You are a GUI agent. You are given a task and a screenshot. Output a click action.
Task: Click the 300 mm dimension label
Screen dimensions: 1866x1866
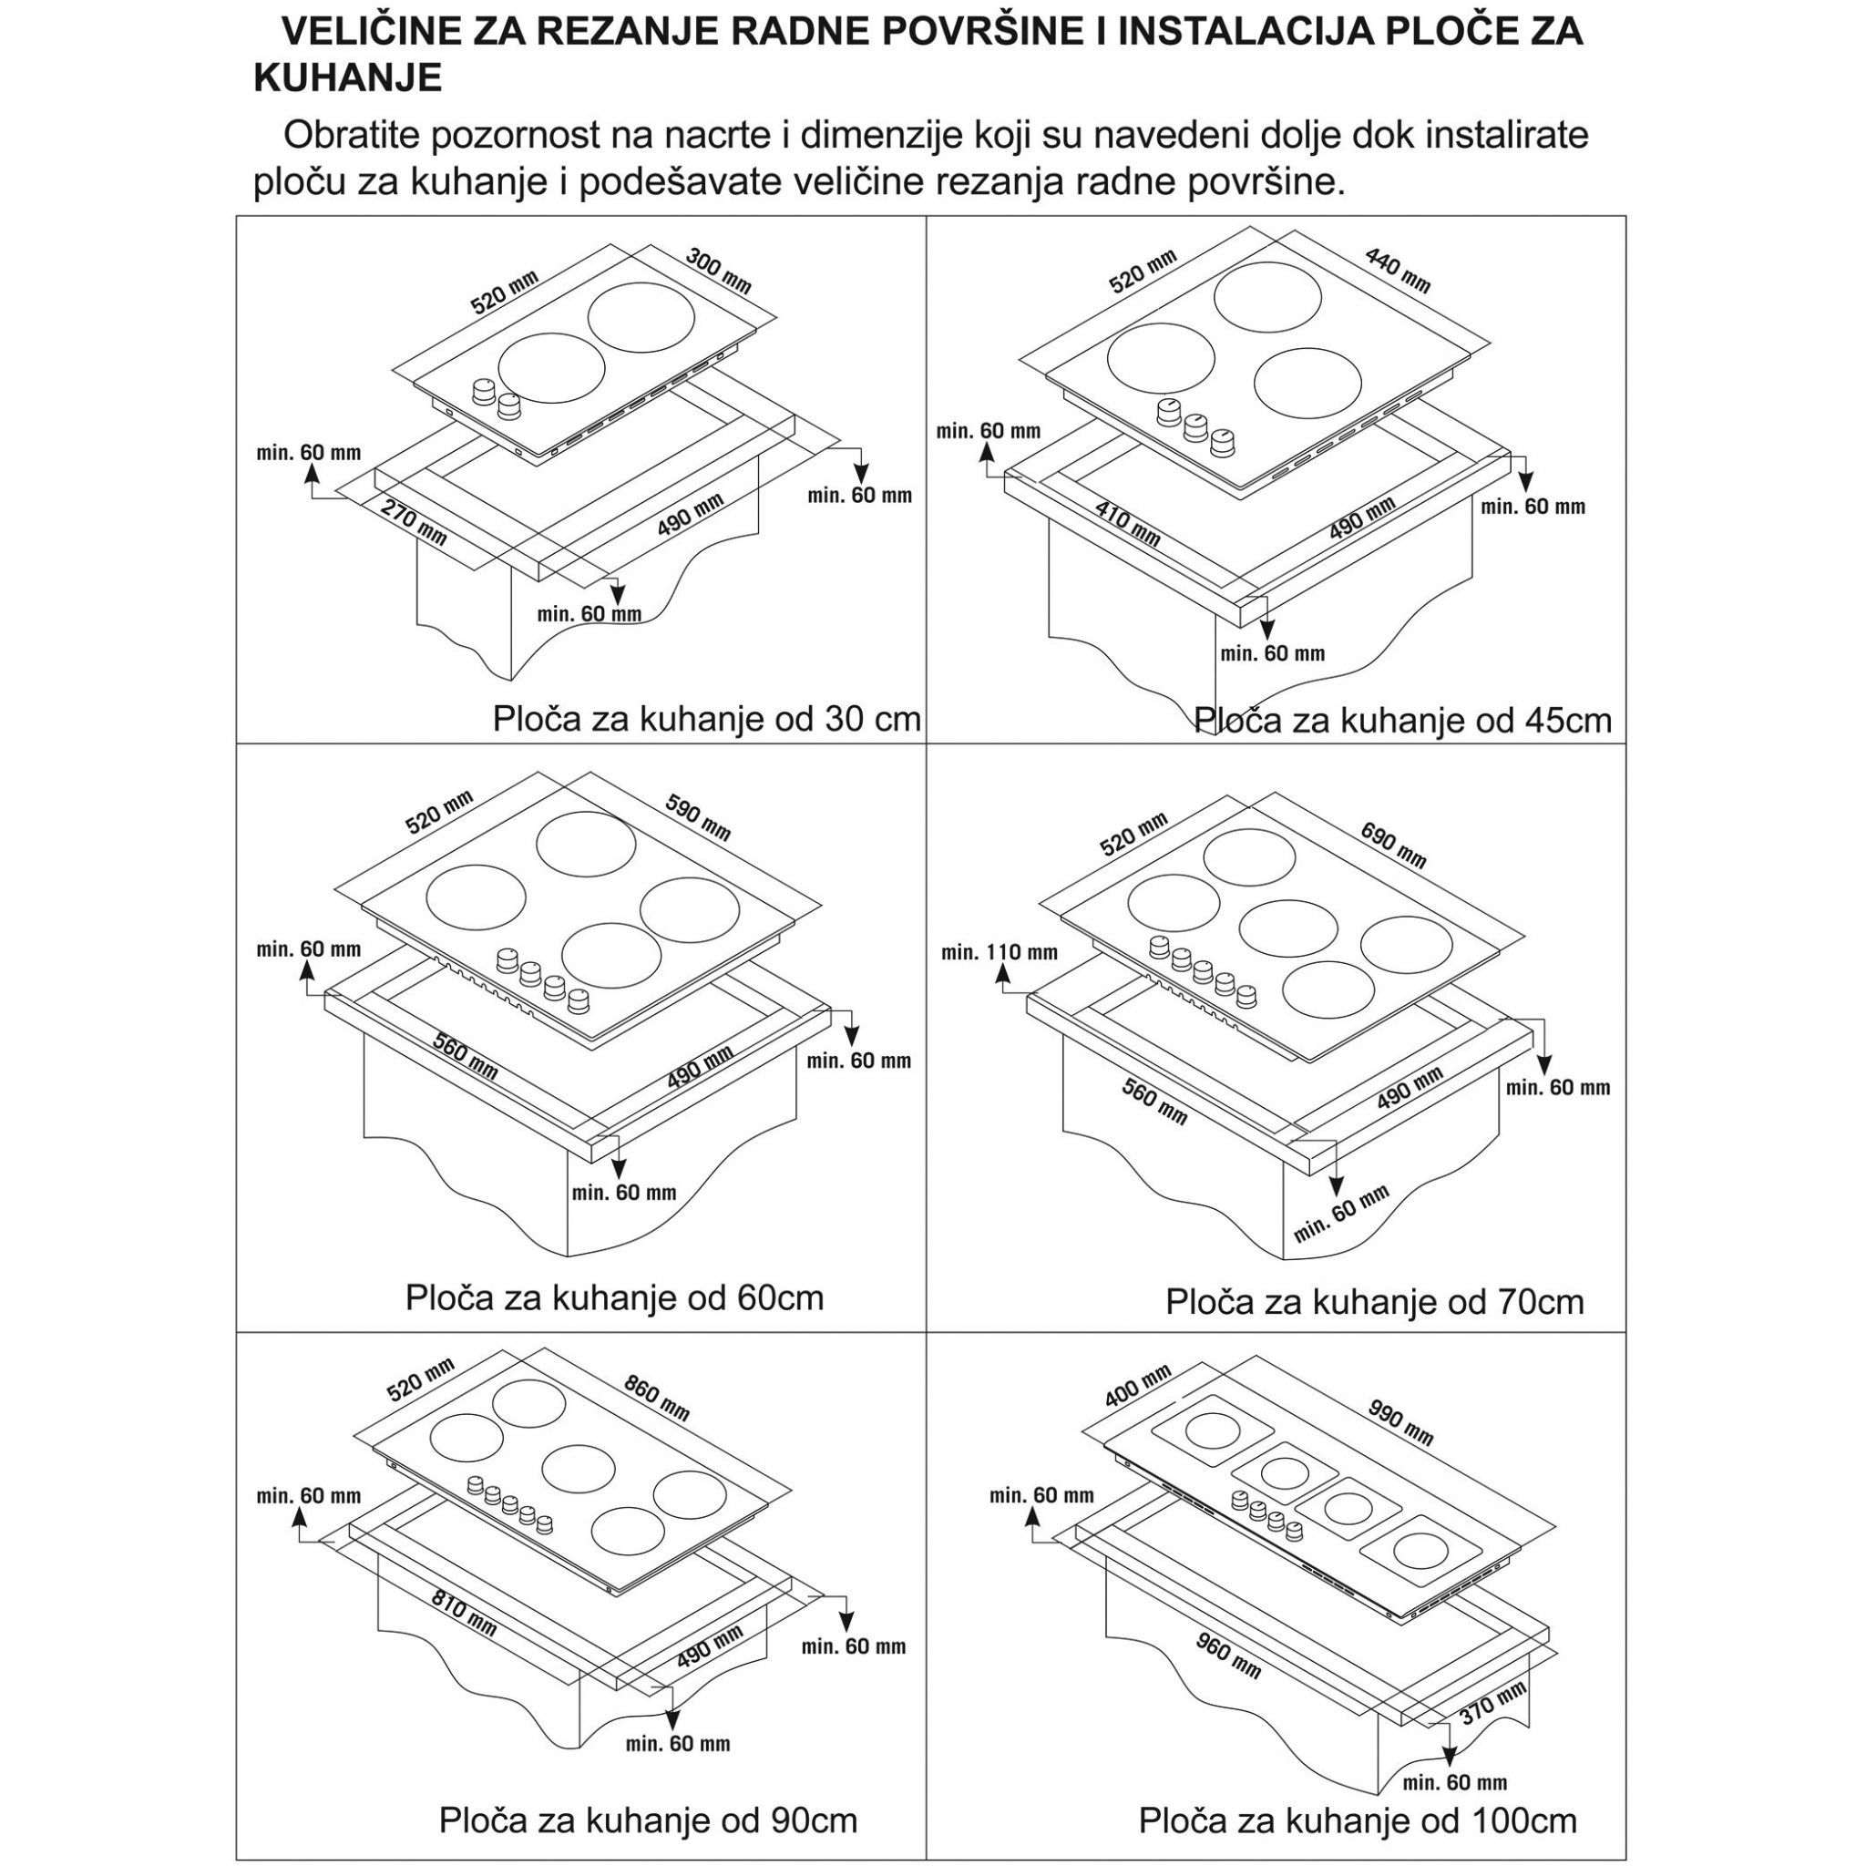click(x=718, y=272)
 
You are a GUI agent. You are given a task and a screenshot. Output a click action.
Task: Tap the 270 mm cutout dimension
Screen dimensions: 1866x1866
click(x=414, y=521)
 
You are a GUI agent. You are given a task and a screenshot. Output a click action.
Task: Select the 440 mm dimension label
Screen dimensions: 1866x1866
click(x=1398, y=271)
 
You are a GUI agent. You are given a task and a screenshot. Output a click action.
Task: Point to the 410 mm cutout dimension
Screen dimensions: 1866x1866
click(x=1127, y=522)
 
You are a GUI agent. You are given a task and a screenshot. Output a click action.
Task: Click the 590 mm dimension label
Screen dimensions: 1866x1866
click(x=698, y=816)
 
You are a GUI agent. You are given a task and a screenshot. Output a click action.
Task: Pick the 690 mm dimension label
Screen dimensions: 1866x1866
click(x=1393, y=844)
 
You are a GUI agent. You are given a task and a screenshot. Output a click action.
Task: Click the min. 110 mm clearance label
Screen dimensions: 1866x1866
click(x=1000, y=952)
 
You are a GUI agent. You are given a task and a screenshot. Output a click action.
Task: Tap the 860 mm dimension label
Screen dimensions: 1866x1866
click(x=657, y=1398)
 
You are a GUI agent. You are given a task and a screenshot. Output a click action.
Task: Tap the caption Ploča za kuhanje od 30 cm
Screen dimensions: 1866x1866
click(x=707, y=719)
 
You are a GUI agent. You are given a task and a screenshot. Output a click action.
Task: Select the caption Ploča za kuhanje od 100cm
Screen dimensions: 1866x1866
click(x=1358, y=1820)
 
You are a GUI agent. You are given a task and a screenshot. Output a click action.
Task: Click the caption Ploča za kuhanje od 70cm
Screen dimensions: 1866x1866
click(x=1375, y=1302)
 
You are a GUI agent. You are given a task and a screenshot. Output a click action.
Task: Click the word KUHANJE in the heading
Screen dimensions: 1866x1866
click(x=348, y=77)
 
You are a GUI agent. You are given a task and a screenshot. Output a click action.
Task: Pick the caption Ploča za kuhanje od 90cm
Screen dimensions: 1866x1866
click(x=648, y=1820)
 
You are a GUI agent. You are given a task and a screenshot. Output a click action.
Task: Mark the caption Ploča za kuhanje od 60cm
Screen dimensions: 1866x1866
click(x=614, y=1297)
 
